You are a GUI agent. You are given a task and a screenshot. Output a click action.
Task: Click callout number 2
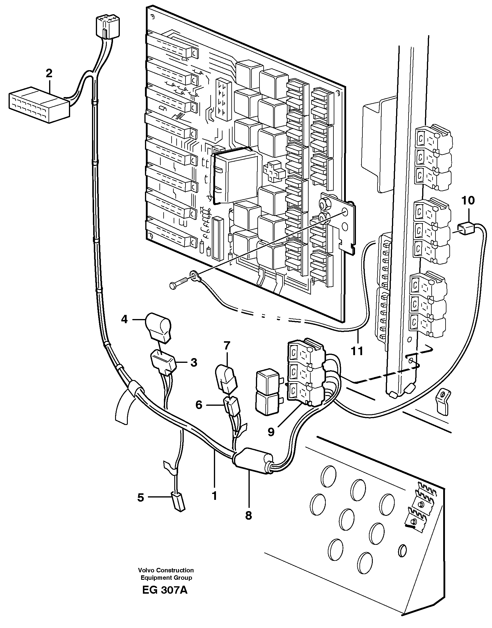pyautogui.click(x=49, y=73)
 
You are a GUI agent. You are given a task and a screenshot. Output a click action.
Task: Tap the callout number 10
pyautogui.click(x=468, y=200)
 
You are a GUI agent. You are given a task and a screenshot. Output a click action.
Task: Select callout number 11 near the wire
pyautogui.click(x=357, y=351)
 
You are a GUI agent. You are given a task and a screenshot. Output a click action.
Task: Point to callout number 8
pyautogui.click(x=249, y=515)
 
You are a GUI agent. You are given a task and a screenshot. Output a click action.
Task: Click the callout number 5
pyautogui.click(x=141, y=497)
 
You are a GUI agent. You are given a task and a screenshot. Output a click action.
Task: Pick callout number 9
pyautogui.click(x=271, y=432)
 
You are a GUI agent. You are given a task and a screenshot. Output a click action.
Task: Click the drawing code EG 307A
pyautogui.click(x=164, y=596)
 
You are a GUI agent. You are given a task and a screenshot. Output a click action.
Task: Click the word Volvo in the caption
pyautogui.click(x=146, y=570)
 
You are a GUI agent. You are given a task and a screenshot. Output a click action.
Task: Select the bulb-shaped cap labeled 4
pyautogui.click(x=158, y=327)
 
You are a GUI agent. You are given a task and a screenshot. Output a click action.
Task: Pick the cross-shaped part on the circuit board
pyautogui.click(x=274, y=171)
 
